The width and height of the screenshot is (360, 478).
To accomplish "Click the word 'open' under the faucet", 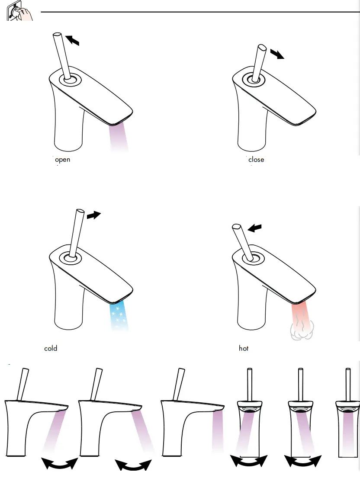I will pyautogui.click(x=63, y=160).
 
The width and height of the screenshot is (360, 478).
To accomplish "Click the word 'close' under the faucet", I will pyautogui.click(x=256, y=160).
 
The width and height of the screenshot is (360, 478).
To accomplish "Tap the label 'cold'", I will pyautogui.click(x=51, y=348).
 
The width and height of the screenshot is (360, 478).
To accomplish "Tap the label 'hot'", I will pyautogui.click(x=244, y=348).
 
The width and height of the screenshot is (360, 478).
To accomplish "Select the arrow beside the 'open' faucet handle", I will pyautogui.click(x=72, y=40).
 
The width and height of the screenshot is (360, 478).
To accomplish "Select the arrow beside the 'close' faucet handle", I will pyautogui.click(x=277, y=55).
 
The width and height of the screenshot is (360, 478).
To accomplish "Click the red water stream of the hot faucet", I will pyautogui.click(x=303, y=314).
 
